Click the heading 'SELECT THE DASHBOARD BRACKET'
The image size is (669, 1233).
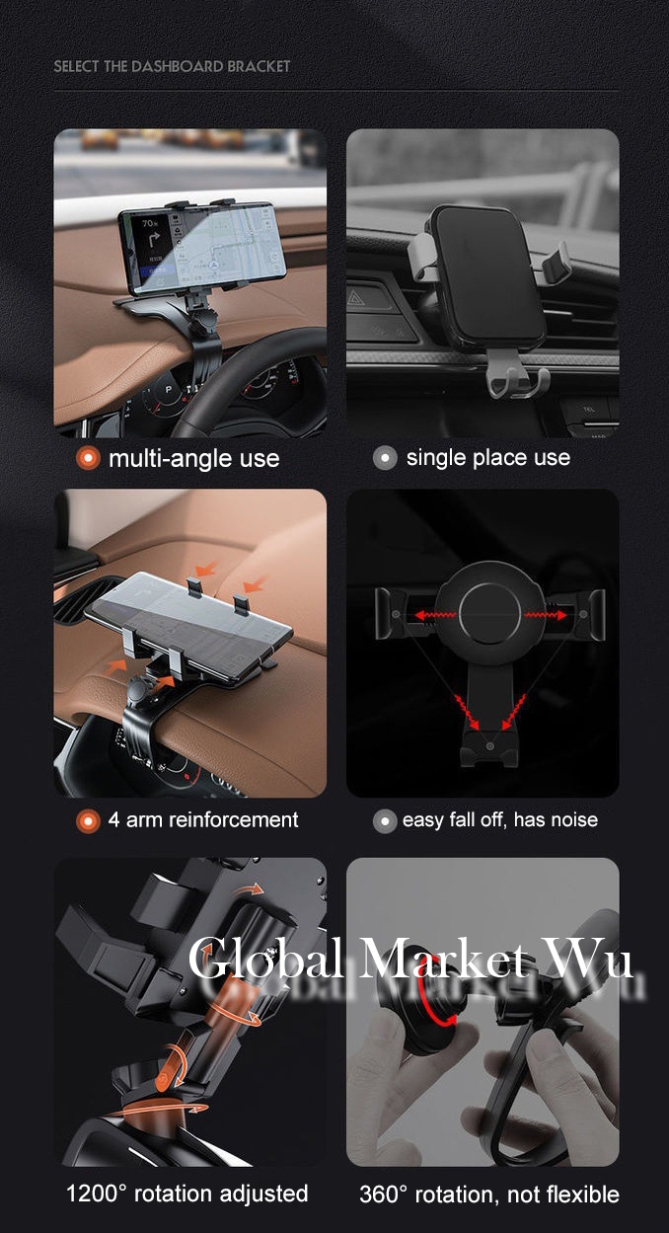[172, 66]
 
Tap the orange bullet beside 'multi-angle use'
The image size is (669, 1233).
[88, 458]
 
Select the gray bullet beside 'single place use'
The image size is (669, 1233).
[385, 458]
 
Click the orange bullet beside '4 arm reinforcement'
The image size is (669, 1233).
[88, 821]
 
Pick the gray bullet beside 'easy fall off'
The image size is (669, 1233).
[385, 821]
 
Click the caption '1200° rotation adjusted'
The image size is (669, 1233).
[187, 1194]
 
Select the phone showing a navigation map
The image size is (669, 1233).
[203, 248]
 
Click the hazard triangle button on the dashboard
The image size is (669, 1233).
[355, 300]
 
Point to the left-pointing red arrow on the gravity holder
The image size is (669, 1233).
[433, 615]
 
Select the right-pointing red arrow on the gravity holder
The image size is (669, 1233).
[546, 615]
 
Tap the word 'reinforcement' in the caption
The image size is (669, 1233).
[233, 820]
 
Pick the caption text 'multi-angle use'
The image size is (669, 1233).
[194, 458]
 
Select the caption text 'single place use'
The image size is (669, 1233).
[488, 458]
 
